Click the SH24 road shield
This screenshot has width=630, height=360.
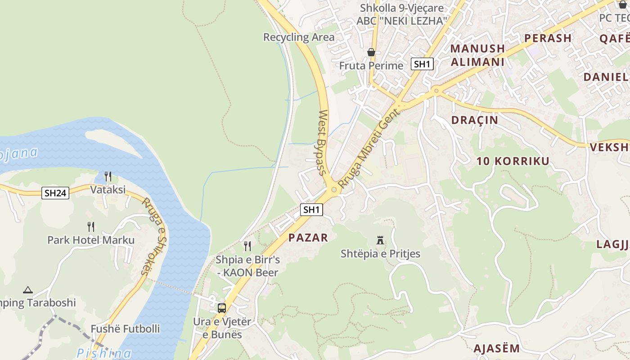(56, 193)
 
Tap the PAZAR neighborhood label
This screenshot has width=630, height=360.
(308, 238)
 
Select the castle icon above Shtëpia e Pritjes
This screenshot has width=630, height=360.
(380, 241)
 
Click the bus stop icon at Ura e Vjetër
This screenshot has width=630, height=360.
(222, 308)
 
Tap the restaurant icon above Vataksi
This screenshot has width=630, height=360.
(108, 176)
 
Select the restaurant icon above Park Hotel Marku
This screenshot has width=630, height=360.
(91, 226)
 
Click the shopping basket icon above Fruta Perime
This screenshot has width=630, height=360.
(371, 53)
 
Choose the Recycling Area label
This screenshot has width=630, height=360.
(299, 37)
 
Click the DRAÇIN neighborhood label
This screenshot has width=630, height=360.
(475, 120)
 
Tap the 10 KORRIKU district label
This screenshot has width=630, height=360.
(513, 161)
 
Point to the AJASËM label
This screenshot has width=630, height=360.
(496, 348)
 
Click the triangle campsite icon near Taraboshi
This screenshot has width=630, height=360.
(28, 290)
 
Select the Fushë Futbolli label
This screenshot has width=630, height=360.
(125, 329)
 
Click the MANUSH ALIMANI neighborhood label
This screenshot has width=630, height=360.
(477, 55)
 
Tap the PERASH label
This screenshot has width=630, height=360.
(548, 38)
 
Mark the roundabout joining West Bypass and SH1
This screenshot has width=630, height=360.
(333, 190)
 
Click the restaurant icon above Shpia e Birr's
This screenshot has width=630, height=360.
(247, 246)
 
